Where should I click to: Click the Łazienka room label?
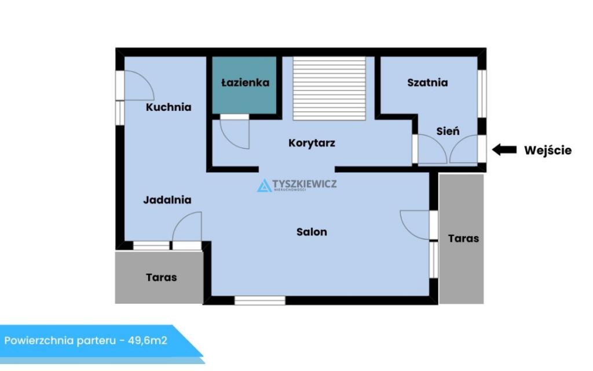(245, 82)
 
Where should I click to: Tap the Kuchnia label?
(169, 107)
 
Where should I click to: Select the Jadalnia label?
(167, 200)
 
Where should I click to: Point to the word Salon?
(312, 232)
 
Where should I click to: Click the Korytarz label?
(312, 143)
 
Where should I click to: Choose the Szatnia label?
(427, 82)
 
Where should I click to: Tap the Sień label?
(448, 132)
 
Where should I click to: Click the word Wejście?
(548, 150)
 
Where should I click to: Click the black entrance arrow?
(504, 150)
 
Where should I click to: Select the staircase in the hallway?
(330, 89)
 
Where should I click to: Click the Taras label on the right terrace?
(463, 238)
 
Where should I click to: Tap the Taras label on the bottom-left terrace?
(162, 278)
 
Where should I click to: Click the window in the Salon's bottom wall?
(260, 301)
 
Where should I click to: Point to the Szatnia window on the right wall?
(482, 94)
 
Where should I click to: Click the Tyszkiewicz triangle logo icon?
(264, 185)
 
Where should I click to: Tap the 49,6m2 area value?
(148, 340)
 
